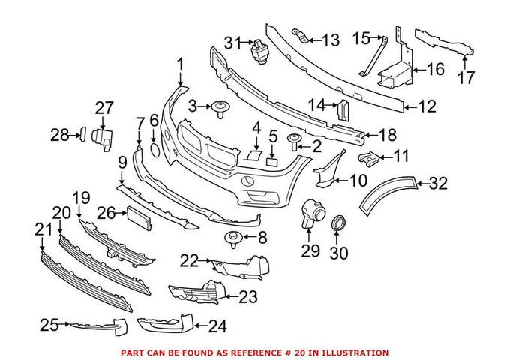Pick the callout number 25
pos(49,325)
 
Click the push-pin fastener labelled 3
pos(221,109)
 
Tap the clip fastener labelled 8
pos(232,239)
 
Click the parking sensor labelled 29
pos(309,213)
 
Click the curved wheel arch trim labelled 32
pos(386,192)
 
